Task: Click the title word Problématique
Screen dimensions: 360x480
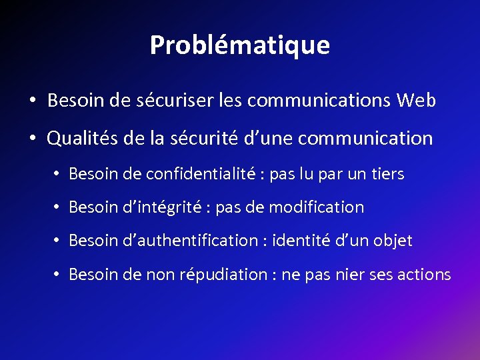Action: [x=239, y=45]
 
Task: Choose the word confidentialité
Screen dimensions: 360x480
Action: [x=203, y=175]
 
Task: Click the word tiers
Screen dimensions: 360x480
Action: [x=386, y=175]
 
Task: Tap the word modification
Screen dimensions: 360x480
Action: [x=317, y=207]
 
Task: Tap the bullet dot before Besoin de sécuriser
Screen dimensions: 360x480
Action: [x=32, y=101]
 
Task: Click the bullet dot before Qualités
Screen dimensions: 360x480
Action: [x=32, y=139]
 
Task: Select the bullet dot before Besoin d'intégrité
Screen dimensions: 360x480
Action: [x=58, y=208]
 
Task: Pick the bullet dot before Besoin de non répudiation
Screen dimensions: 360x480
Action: [x=58, y=275]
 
